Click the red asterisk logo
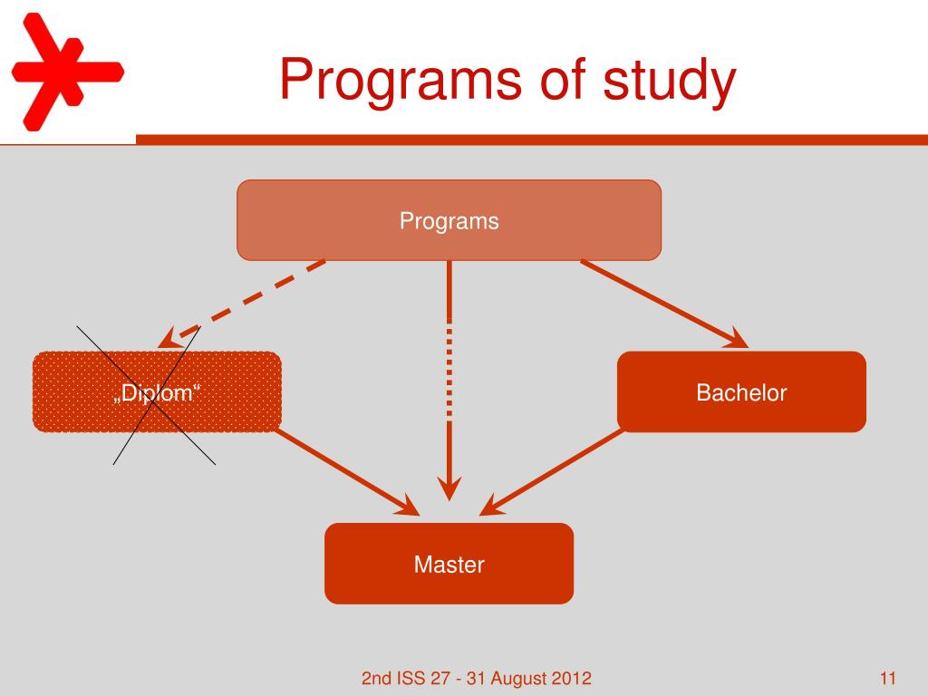(x=66, y=71)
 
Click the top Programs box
(x=449, y=220)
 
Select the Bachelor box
(x=741, y=391)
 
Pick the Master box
(x=449, y=564)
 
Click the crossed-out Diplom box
(x=157, y=391)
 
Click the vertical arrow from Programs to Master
(x=449, y=381)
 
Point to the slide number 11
(x=887, y=678)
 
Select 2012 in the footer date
(x=573, y=678)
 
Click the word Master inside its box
(x=449, y=565)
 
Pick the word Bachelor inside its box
(x=741, y=393)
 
